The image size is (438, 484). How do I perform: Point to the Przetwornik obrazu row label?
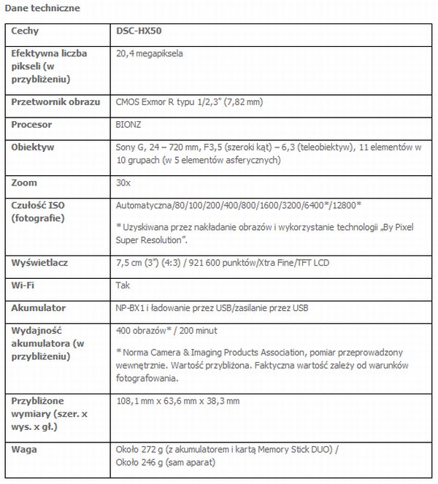point(56,102)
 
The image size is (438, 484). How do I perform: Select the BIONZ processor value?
point(128,125)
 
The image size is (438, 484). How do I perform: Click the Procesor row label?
point(32,125)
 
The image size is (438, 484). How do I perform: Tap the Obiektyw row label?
point(33,147)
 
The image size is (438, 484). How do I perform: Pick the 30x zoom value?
point(123,183)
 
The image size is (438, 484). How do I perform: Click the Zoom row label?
point(25,183)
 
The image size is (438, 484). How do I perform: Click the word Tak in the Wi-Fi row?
point(123,285)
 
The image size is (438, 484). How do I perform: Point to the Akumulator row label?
point(39,308)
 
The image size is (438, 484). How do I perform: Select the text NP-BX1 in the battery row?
point(131,308)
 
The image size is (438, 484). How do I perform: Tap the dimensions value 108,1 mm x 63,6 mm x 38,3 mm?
point(178,401)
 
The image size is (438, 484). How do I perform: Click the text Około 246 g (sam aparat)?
point(164,462)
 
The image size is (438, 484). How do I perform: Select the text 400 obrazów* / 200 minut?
point(162,331)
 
